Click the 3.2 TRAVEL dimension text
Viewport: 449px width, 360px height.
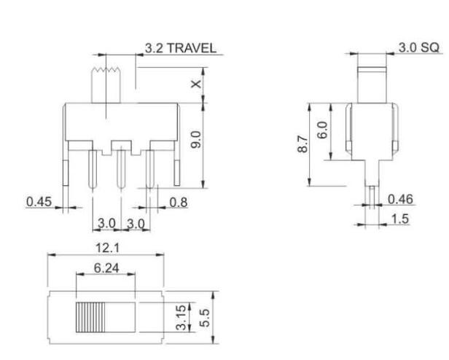pos(179,48)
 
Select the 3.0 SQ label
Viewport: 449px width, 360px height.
pos(418,47)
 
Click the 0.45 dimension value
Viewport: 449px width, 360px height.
pos(39,202)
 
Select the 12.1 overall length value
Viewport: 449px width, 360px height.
pos(104,249)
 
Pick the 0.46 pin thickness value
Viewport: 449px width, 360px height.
pos(400,199)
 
